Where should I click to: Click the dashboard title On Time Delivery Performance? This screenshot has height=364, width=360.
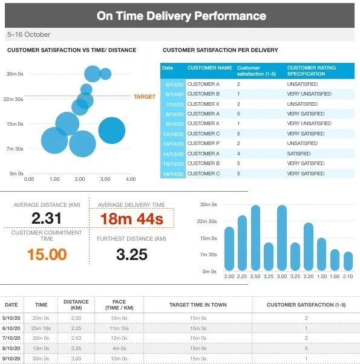pos(182,16)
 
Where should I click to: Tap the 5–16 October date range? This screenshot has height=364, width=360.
pos(28,34)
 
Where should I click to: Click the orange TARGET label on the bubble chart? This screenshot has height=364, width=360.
pos(144,97)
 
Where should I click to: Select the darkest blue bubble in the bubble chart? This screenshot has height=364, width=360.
pos(112,130)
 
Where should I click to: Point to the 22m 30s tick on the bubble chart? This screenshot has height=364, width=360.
pos(13,99)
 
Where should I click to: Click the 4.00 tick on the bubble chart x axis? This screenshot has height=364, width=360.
pos(131,179)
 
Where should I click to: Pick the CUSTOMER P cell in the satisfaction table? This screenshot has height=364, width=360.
pos(203,143)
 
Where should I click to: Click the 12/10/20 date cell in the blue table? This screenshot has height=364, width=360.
pos(173,134)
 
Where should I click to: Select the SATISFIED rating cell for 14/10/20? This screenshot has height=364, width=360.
pos(299,154)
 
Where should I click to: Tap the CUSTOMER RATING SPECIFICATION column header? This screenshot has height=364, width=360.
pos(311,71)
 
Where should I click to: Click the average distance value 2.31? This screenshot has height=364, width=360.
pos(47,218)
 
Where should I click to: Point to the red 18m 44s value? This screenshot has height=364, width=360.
pos(132,219)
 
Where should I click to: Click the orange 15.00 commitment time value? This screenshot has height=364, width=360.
pos(47,254)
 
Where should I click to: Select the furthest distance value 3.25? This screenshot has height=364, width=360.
pos(132,254)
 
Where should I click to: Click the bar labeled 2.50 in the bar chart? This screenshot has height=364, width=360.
pos(255,238)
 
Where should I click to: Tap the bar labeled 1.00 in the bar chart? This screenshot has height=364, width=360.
pos(335,260)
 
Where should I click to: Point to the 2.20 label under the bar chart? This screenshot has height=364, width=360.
pos(309,276)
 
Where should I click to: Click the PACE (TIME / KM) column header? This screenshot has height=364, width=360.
pos(119,305)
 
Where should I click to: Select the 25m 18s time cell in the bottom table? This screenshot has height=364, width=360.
pos(41,328)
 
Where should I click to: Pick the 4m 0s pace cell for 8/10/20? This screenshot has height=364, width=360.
pos(119,348)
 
